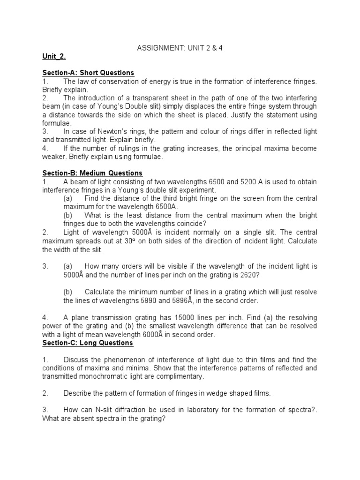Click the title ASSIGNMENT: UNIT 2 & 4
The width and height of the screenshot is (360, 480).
pos(179,48)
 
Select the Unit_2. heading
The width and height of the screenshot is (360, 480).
pos(54,57)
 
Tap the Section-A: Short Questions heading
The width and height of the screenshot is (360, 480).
pos(88,73)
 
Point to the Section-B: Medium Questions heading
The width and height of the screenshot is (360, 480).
pos(92,173)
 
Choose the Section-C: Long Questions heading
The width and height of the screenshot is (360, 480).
pos(88,343)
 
